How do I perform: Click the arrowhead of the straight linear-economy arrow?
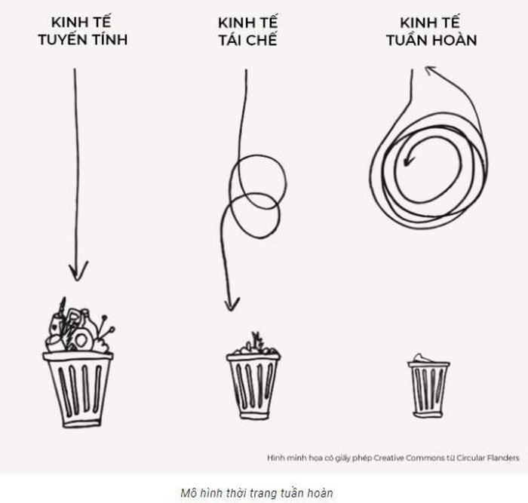(78, 271)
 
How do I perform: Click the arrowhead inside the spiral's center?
(408, 158)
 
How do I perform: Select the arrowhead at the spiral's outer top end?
(431, 70)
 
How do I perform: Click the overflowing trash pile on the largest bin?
(79, 327)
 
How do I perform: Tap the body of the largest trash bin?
(78, 390)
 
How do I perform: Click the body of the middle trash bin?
(253, 387)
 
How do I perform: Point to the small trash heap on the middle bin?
(255, 345)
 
